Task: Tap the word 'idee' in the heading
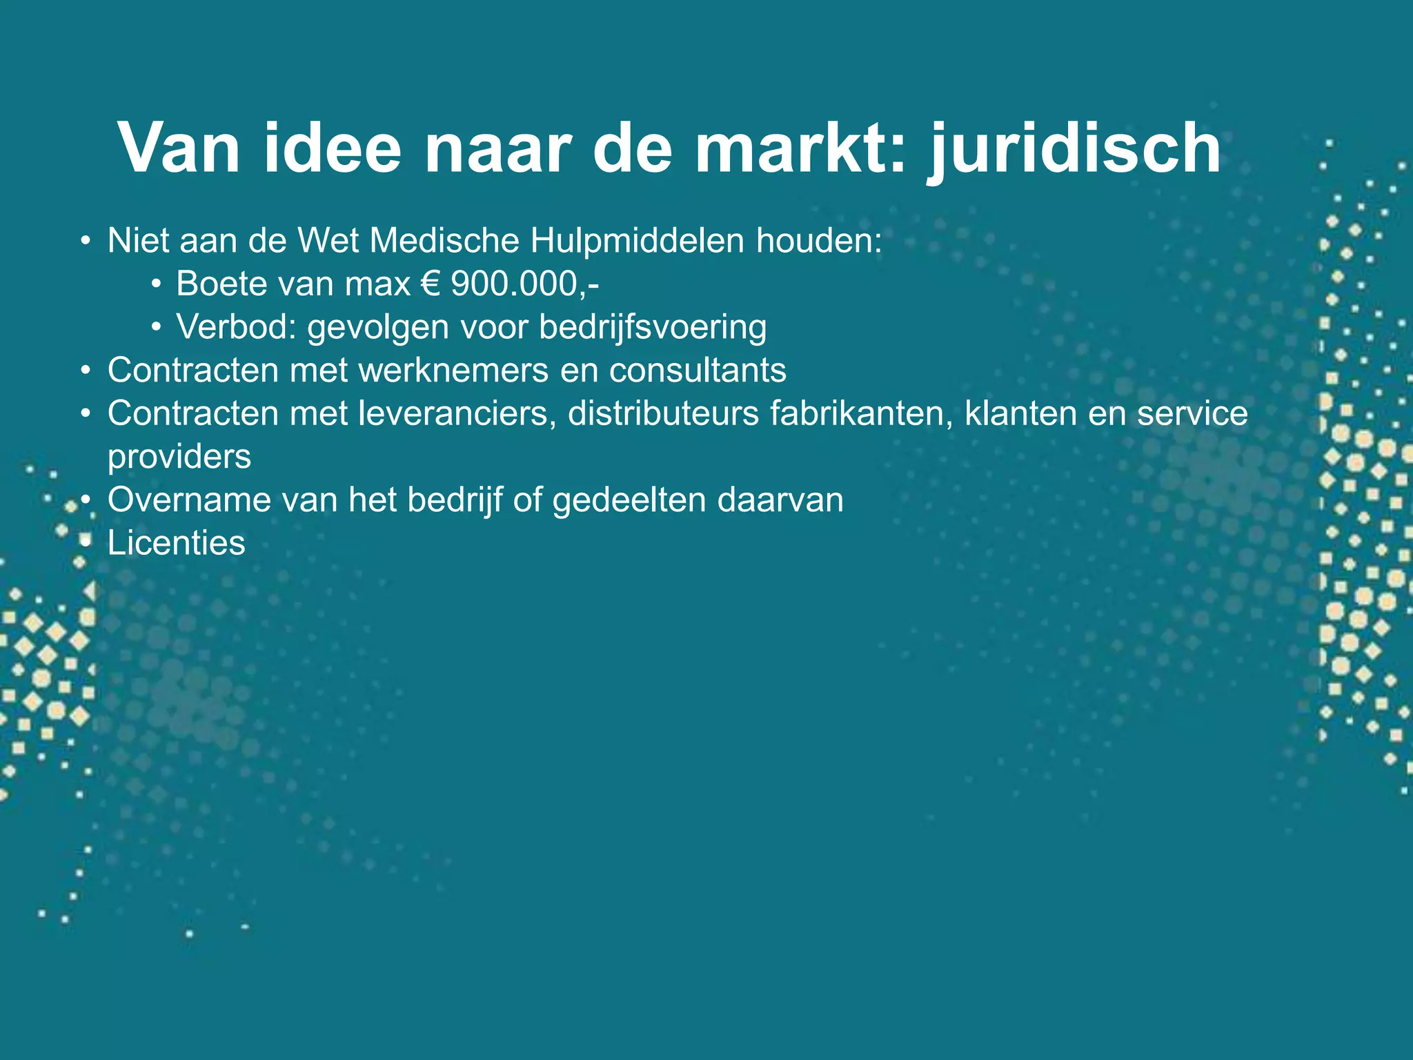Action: click(332, 149)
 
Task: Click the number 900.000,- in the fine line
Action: click(524, 284)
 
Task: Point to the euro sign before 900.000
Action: click(430, 284)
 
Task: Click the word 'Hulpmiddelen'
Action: click(638, 241)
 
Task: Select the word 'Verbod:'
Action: click(236, 327)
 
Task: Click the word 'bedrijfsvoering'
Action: click(653, 327)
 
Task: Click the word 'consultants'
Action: click(698, 371)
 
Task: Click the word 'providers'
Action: click(179, 457)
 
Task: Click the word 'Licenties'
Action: click(176, 543)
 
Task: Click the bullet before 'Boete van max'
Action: click(157, 284)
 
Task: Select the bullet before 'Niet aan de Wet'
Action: click(86, 241)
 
